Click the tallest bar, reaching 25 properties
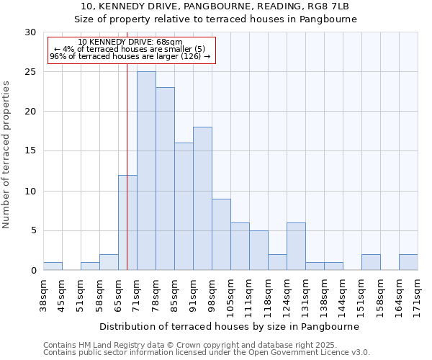146,171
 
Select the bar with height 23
165,179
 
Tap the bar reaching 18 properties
202,199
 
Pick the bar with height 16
184,207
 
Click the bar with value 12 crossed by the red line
127,222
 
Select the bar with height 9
221,234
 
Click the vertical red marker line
127,144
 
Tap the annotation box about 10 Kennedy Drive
130,50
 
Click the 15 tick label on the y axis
30,151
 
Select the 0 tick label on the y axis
33,271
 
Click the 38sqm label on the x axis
43,294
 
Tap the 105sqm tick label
230,297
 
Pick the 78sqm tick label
156,294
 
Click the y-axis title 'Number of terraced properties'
6,154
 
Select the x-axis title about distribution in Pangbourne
229,326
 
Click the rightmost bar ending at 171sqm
408,262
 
